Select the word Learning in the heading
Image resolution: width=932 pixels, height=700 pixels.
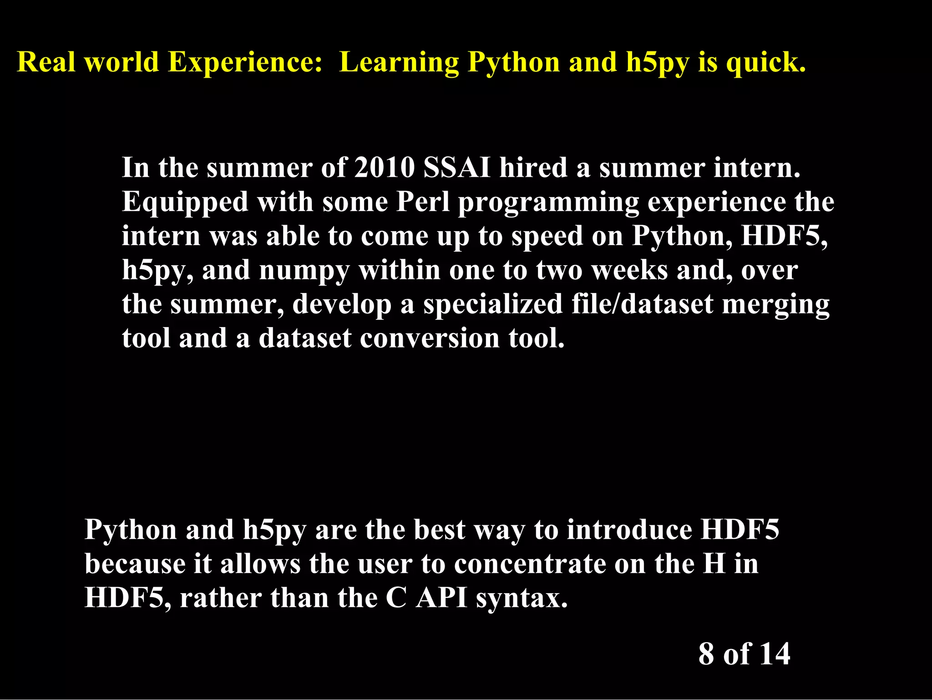pos(399,63)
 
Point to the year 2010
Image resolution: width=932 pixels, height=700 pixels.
pos(384,168)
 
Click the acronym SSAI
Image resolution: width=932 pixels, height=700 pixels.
pos(457,168)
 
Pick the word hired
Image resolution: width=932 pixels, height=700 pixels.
pos(533,168)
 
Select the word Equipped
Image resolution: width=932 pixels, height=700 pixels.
pos(185,202)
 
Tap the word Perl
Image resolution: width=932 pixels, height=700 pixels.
pos(423,201)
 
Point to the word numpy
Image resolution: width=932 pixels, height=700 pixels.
pos(304,271)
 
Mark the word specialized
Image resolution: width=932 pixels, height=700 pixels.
pos(493,305)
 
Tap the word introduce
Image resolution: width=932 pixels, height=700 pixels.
pos(629,530)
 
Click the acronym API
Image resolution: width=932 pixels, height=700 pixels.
pos(441,598)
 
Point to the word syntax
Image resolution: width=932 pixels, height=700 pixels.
pos(522,599)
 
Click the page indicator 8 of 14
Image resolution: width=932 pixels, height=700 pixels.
pos(744,654)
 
